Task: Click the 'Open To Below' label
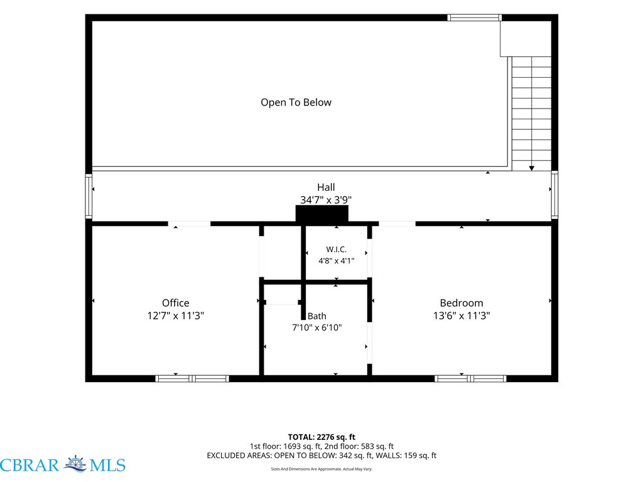click(296, 102)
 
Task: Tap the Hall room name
click(326, 187)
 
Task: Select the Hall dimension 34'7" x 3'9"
click(326, 200)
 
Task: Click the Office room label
click(176, 303)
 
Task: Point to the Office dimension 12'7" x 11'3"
click(176, 316)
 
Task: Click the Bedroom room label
click(462, 303)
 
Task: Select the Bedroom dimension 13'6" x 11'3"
click(462, 316)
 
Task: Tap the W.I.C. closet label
click(337, 249)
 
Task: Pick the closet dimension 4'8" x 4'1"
click(337, 260)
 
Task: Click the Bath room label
click(317, 316)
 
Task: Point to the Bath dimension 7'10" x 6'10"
click(317, 328)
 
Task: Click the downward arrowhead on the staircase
click(531, 168)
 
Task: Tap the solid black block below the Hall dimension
click(322, 213)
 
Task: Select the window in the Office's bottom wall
click(192, 378)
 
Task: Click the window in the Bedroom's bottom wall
click(470, 378)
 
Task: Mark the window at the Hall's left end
click(89, 196)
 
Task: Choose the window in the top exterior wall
click(475, 18)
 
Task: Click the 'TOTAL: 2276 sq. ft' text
click(321, 437)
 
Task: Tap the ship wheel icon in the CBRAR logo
click(75, 464)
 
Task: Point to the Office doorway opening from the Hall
click(189, 224)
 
